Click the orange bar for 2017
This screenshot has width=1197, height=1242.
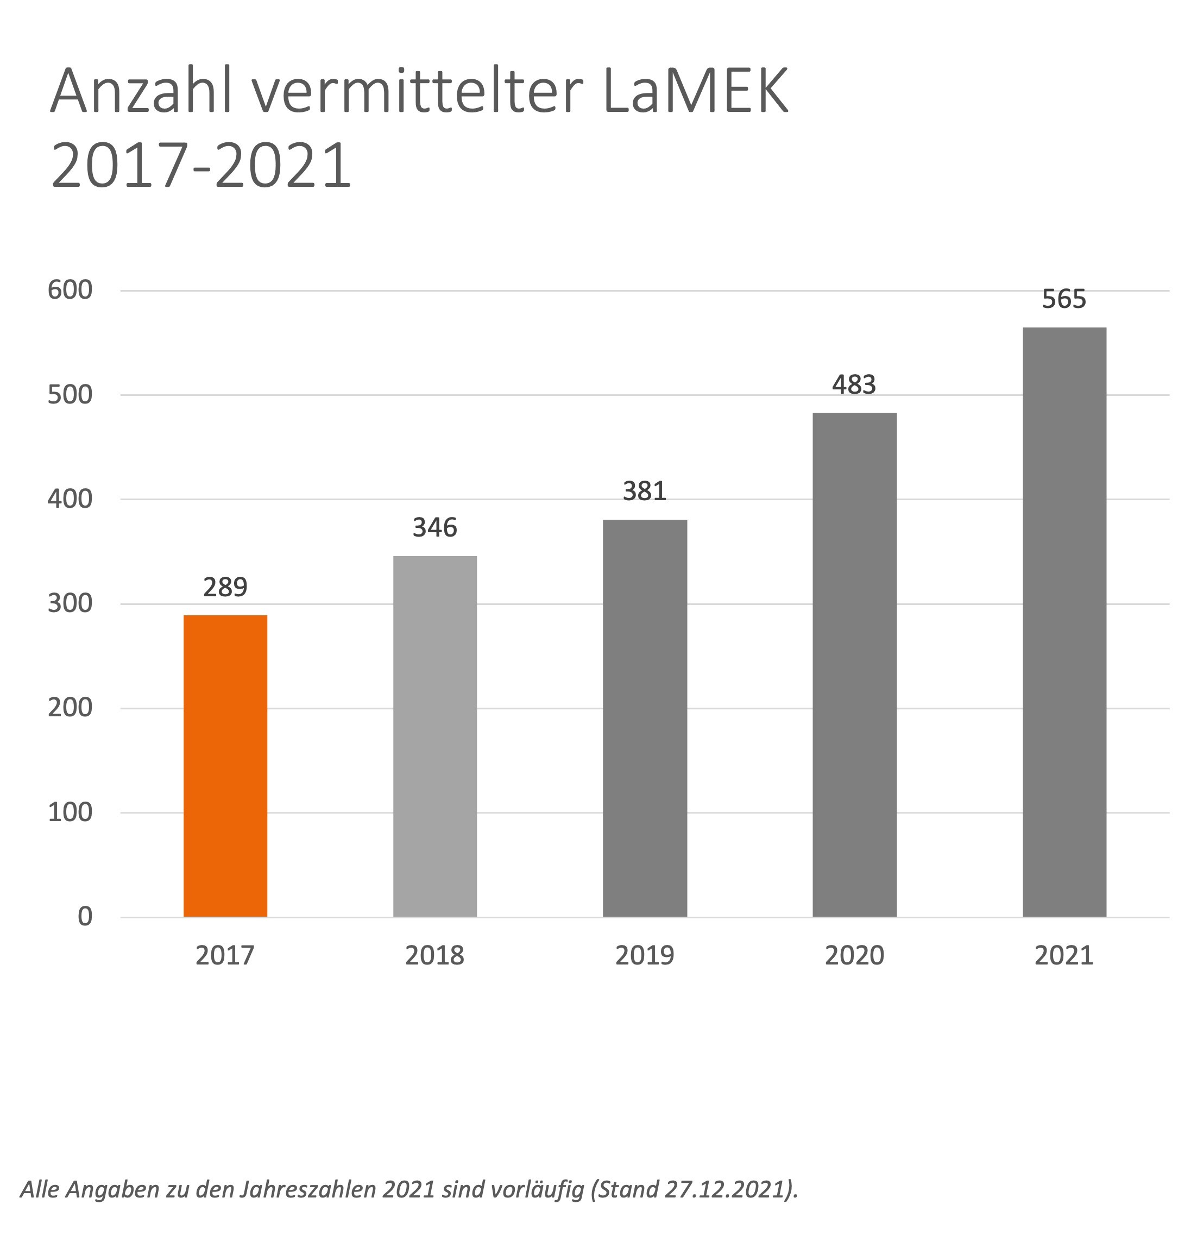coord(225,766)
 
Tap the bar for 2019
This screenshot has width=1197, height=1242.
coord(645,718)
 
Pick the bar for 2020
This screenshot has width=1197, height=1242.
coord(854,664)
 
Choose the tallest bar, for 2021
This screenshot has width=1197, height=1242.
coord(1064,622)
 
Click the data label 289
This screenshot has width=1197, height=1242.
coord(225,588)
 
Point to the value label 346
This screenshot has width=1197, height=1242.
coord(434,527)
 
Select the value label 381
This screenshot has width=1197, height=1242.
coord(645,491)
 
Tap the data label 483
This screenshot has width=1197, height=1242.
coord(854,384)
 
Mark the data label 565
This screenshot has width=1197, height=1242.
coord(1064,299)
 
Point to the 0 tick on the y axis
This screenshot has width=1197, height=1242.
coord(85,916)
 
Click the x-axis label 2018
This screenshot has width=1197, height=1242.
coord(434,955)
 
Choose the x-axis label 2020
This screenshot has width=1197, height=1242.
coord(854,955)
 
